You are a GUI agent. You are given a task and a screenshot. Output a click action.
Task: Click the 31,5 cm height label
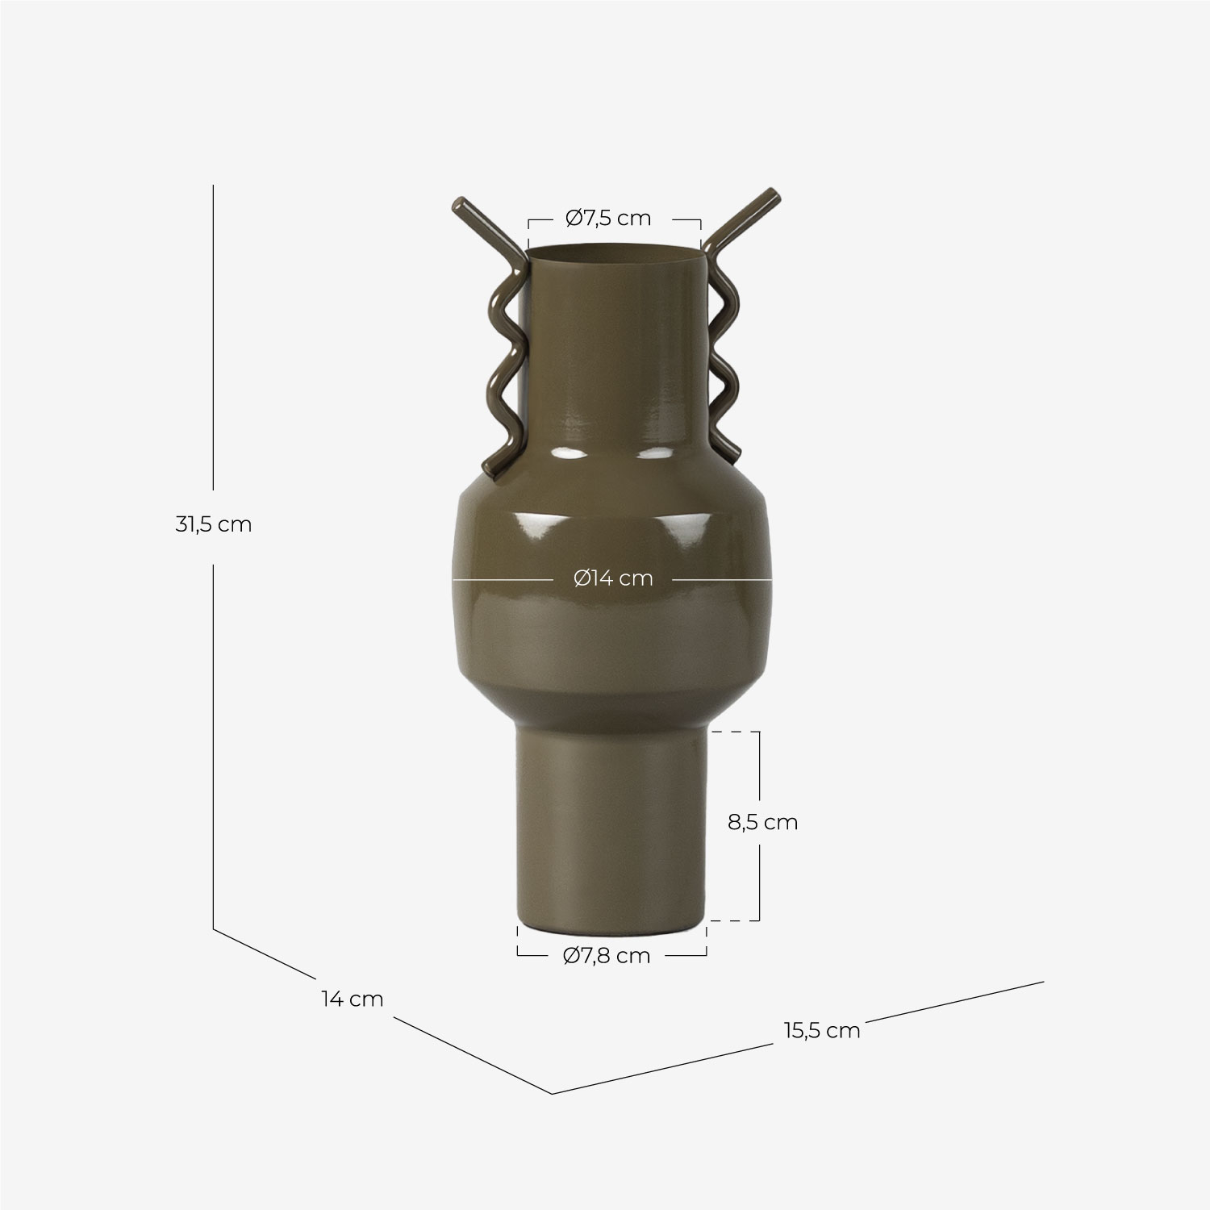coord(214,524)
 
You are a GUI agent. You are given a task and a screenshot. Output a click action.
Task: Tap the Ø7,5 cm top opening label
coord(608,218)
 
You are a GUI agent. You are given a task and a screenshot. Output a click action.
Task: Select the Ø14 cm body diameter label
coord(613,578)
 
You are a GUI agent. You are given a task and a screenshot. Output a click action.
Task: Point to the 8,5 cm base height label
coord(762,822)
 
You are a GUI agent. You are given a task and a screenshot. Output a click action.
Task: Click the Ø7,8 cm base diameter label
coord(607,955)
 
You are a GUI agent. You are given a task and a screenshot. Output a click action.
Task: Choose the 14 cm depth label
coord(352,999)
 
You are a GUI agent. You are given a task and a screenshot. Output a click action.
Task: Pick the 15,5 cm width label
coord(821,1030)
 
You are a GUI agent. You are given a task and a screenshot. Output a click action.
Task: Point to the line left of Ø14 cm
coord(500,579)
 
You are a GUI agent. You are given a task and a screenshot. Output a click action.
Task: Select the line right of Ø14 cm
coord(722,579)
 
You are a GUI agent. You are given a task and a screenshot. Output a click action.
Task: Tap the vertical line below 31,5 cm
coord(213,742)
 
